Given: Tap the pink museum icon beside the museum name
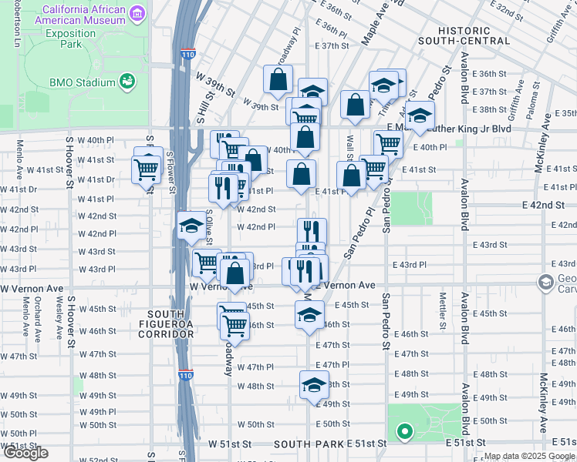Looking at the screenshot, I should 137,13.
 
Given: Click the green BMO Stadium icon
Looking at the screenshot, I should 127,81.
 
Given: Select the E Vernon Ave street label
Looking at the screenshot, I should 347,286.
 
